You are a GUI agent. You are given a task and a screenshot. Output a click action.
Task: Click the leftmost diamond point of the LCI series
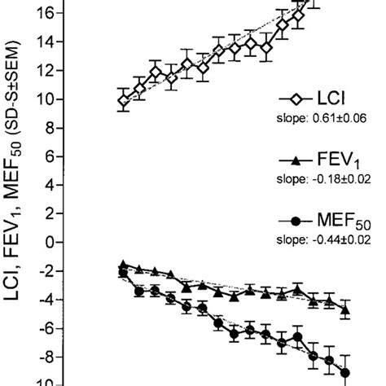click(124, 101)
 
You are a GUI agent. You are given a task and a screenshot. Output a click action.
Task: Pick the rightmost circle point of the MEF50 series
click(345, 373)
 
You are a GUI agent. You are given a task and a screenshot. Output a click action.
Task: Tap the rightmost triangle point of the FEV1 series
click(345, 309)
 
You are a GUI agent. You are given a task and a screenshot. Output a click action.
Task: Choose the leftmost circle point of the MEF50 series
click(123, 274)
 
